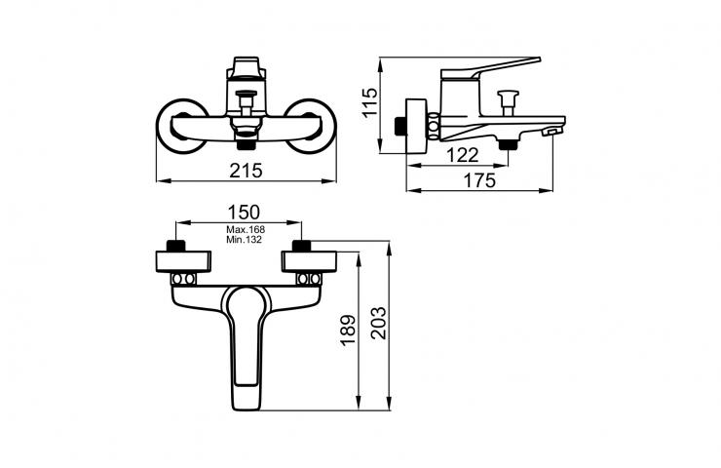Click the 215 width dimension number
coord(246,171)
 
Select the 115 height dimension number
coord(369,102)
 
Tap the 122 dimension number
coord(462,155)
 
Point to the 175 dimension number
coord(479,180)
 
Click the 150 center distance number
coord(244,213)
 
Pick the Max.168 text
coord(246,229)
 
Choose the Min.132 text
coord(244,239)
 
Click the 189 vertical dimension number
coord(348,330)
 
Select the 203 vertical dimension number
coord(379,323)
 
